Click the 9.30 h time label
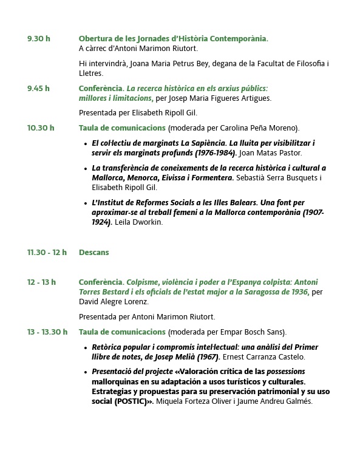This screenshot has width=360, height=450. pos(38,39)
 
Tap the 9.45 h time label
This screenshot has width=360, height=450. pos(38,88)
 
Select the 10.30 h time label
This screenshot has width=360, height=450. pos(41,128)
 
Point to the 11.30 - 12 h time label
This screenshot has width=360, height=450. pos(47,253)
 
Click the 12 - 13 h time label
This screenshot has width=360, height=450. pos(41,282)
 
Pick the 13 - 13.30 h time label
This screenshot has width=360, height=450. pos(47,332)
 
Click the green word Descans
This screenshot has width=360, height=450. pos(93,253)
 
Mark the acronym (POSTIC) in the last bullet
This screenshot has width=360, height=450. pos(136,401)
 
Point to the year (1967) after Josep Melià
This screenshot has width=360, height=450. pos(207,357)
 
